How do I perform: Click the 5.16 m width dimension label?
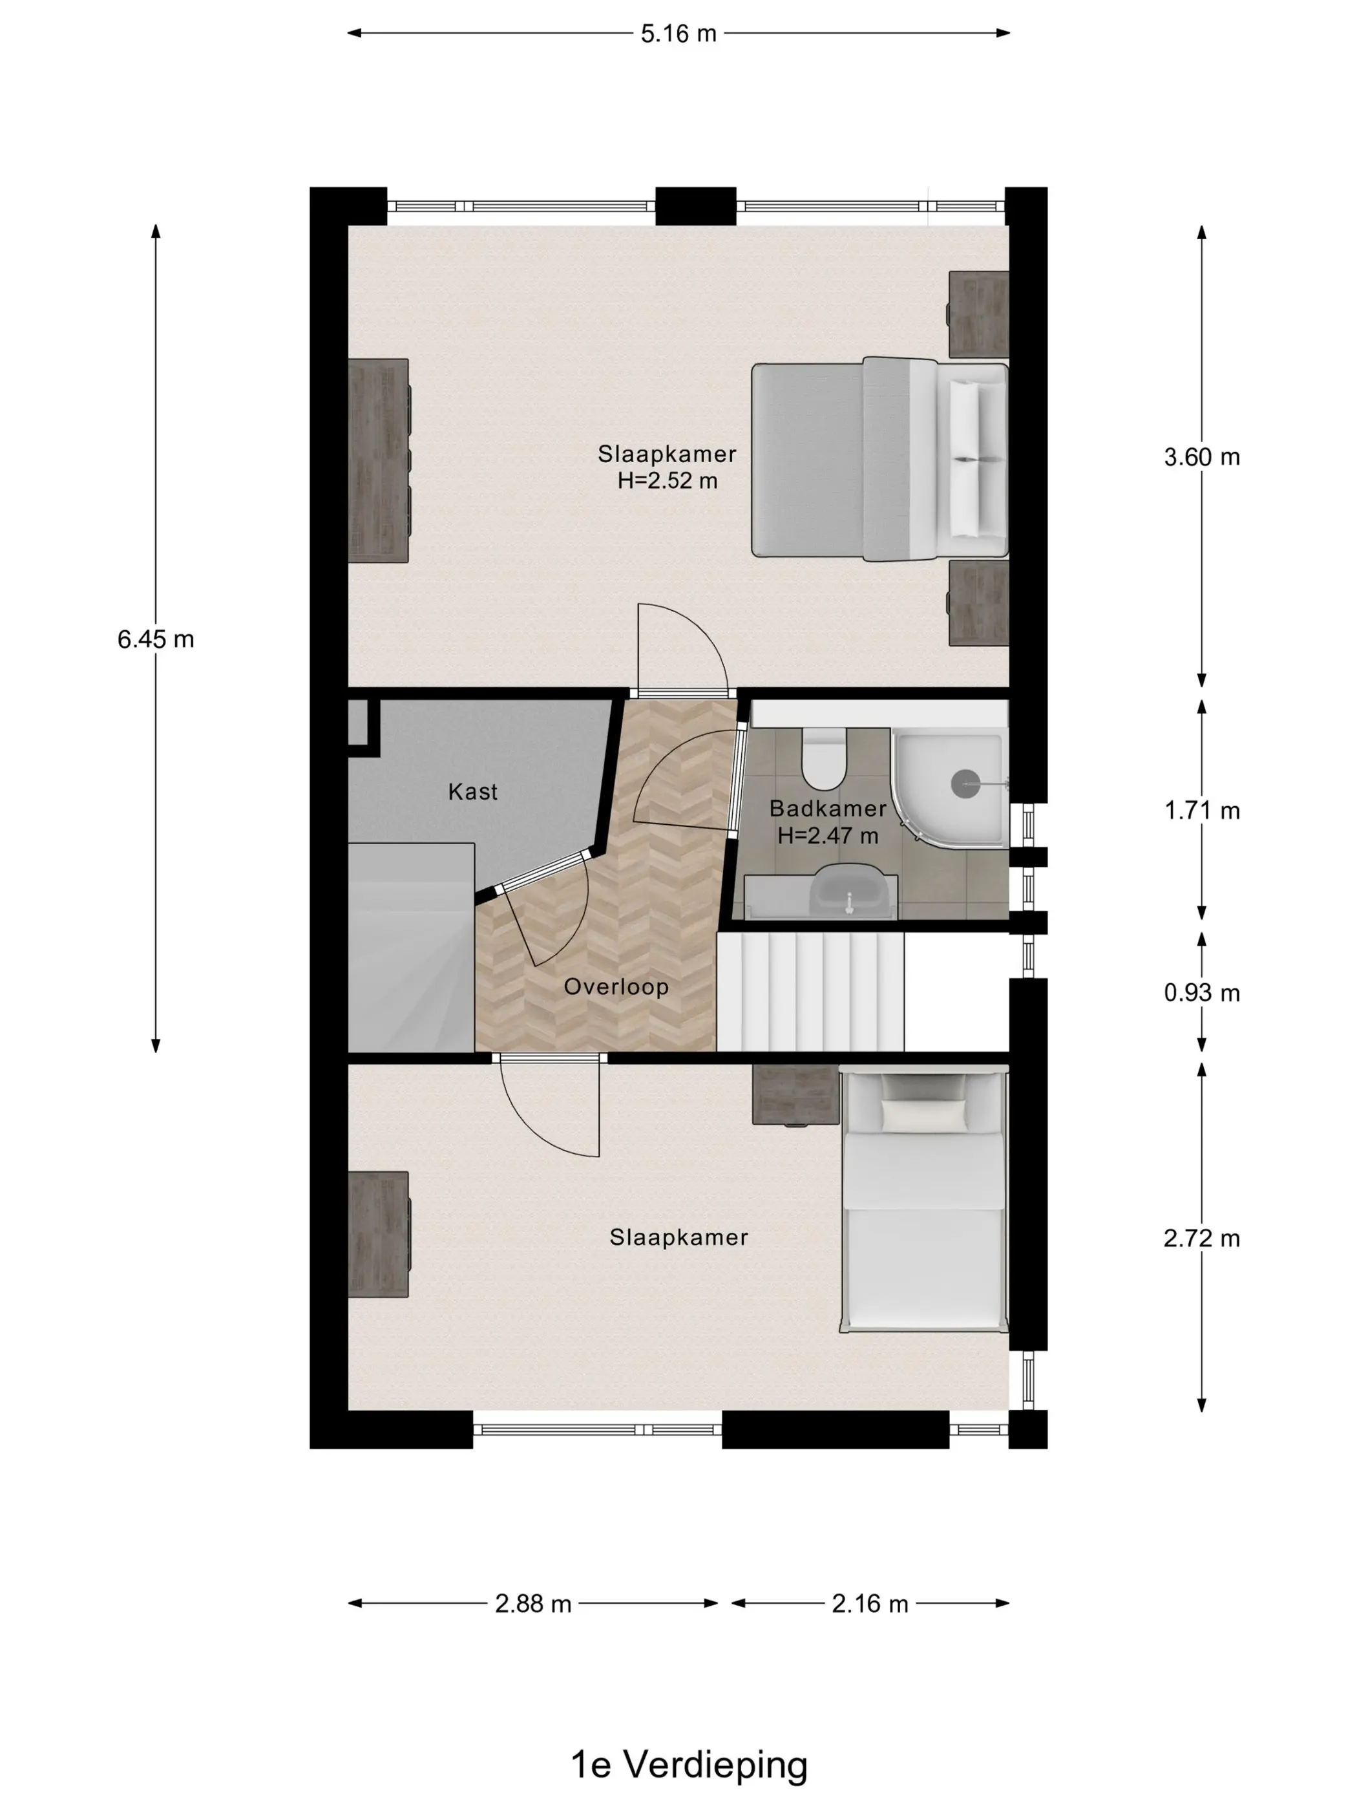click(x=678, y=34)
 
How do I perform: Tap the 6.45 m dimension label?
click(x=156, y=639)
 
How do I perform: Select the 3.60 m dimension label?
click(x=1201, y=456)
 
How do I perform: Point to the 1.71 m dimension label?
click(x=1201, y=810)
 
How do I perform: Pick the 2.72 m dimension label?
click(x=1201, y=1238)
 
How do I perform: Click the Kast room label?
click(x=473, y=791)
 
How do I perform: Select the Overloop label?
click(x=616, y=987)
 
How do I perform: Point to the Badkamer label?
click(x=828, y=809)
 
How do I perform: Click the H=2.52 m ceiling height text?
click(x=668, y=480)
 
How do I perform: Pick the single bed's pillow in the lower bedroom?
click(x=923, y=1115)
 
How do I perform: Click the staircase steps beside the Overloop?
click(x=810, y=992)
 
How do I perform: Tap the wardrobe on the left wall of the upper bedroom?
click(x=378, y=461)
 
